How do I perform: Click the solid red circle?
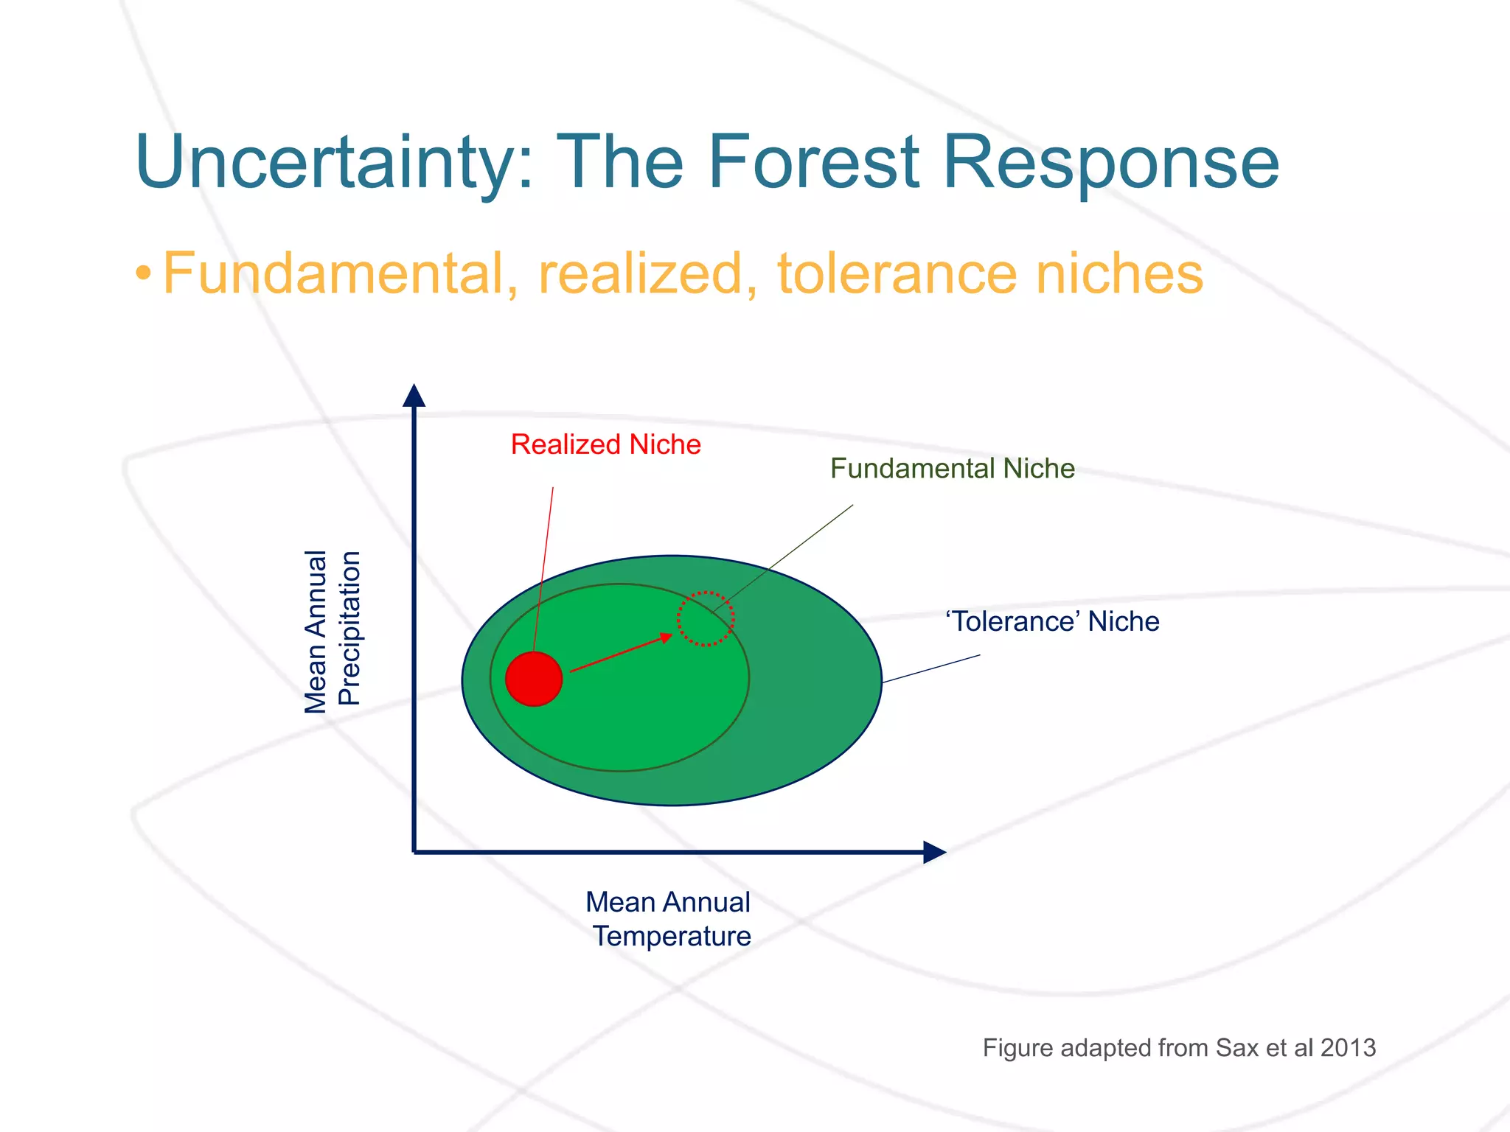(534, 679)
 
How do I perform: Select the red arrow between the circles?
(619, 653)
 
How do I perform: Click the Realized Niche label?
(605, 444)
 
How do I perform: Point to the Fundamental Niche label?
(952, 469)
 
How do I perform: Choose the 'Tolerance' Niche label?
(1052, 621)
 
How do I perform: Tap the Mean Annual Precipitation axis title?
(332, 631)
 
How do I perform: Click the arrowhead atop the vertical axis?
(414, 396)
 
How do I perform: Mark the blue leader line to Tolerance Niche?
(931, 668)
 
